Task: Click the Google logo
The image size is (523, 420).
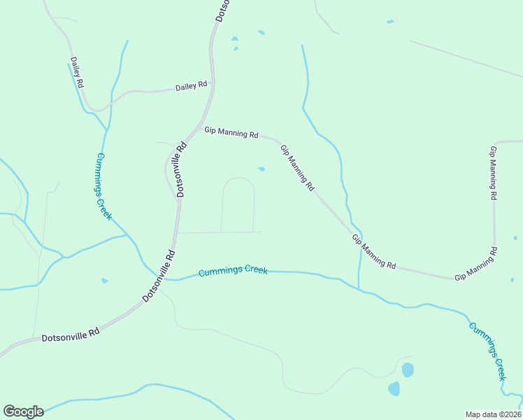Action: pos(23,412)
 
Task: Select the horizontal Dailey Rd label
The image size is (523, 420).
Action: pos(191,85)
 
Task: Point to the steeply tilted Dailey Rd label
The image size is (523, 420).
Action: pos(77,73)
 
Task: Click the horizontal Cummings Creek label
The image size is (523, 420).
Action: pos(233,271)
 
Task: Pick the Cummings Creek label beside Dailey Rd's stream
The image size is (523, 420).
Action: pos(103,187)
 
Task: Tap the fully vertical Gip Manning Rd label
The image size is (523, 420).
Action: pos(494,173)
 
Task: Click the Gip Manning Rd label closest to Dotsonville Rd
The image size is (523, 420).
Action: pos(231,132)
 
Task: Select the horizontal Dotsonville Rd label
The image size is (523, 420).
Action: pos(71,336)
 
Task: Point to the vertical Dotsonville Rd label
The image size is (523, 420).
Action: pos(181,169)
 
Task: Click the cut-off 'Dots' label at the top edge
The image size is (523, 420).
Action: pos(222,10)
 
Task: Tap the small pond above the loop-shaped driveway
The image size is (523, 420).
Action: pos(261,169)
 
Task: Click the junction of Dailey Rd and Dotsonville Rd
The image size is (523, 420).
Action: pos(213,85)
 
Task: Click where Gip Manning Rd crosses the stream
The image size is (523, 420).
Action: pos(356,235)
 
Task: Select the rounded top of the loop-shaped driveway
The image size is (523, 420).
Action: pos(238,178)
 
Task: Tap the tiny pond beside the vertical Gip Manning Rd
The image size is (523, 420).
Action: pos(515,238)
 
